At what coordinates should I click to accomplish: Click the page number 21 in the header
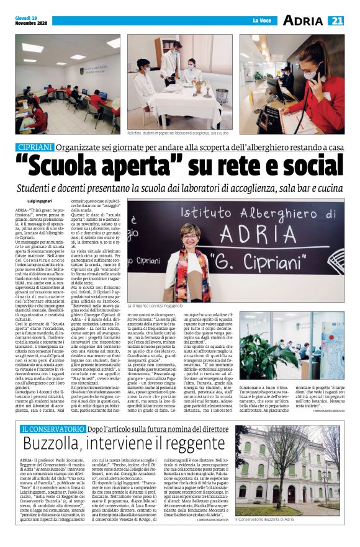[336, 21]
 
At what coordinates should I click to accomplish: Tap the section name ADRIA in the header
[302, 21]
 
